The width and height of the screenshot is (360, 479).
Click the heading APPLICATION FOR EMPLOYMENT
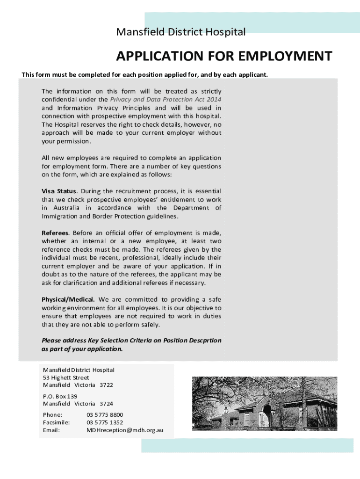pyautogui.click(x=224, y=57)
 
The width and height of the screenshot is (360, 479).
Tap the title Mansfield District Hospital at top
pyautogui.click(x=180, y=32)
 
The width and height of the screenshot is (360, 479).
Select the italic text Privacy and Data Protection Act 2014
pyautogui.click(x=166, y=100)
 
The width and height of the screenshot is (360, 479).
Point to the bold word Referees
pyautogui.click(x=55, y=233)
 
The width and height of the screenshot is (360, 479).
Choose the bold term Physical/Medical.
pyautogui.click(x=68, y=299)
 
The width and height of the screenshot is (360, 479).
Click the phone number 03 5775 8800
pyautogui.click(x=105, y=414)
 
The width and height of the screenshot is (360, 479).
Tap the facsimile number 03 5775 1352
pyautogui.click(x=105, y=422)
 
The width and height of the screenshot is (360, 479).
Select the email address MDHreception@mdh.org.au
pyautogui.click(x=125, y=430)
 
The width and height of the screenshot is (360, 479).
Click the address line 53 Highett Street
pyautogui.click(x=66, y=377)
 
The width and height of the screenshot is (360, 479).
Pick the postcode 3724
pyautogui.click(x=106, y=404)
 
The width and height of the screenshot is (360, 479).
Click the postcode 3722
pyautogui.click(x=106, y=385)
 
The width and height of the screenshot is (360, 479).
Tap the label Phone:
pyautogui.click(x=52, y=414)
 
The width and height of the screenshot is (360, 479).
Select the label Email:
pyautogui.click(x=51, y=430)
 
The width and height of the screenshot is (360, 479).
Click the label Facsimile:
pyautogui.click(x=56, y=422)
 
